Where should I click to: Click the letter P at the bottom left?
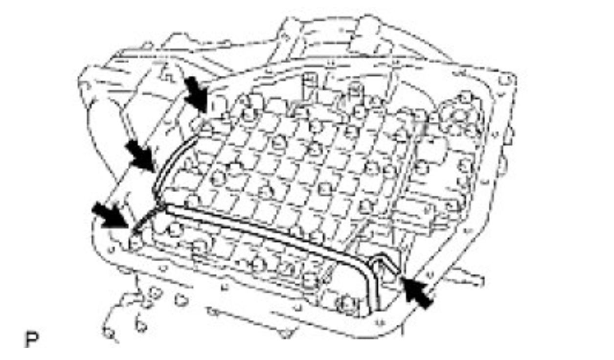(x=30, y=339)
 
